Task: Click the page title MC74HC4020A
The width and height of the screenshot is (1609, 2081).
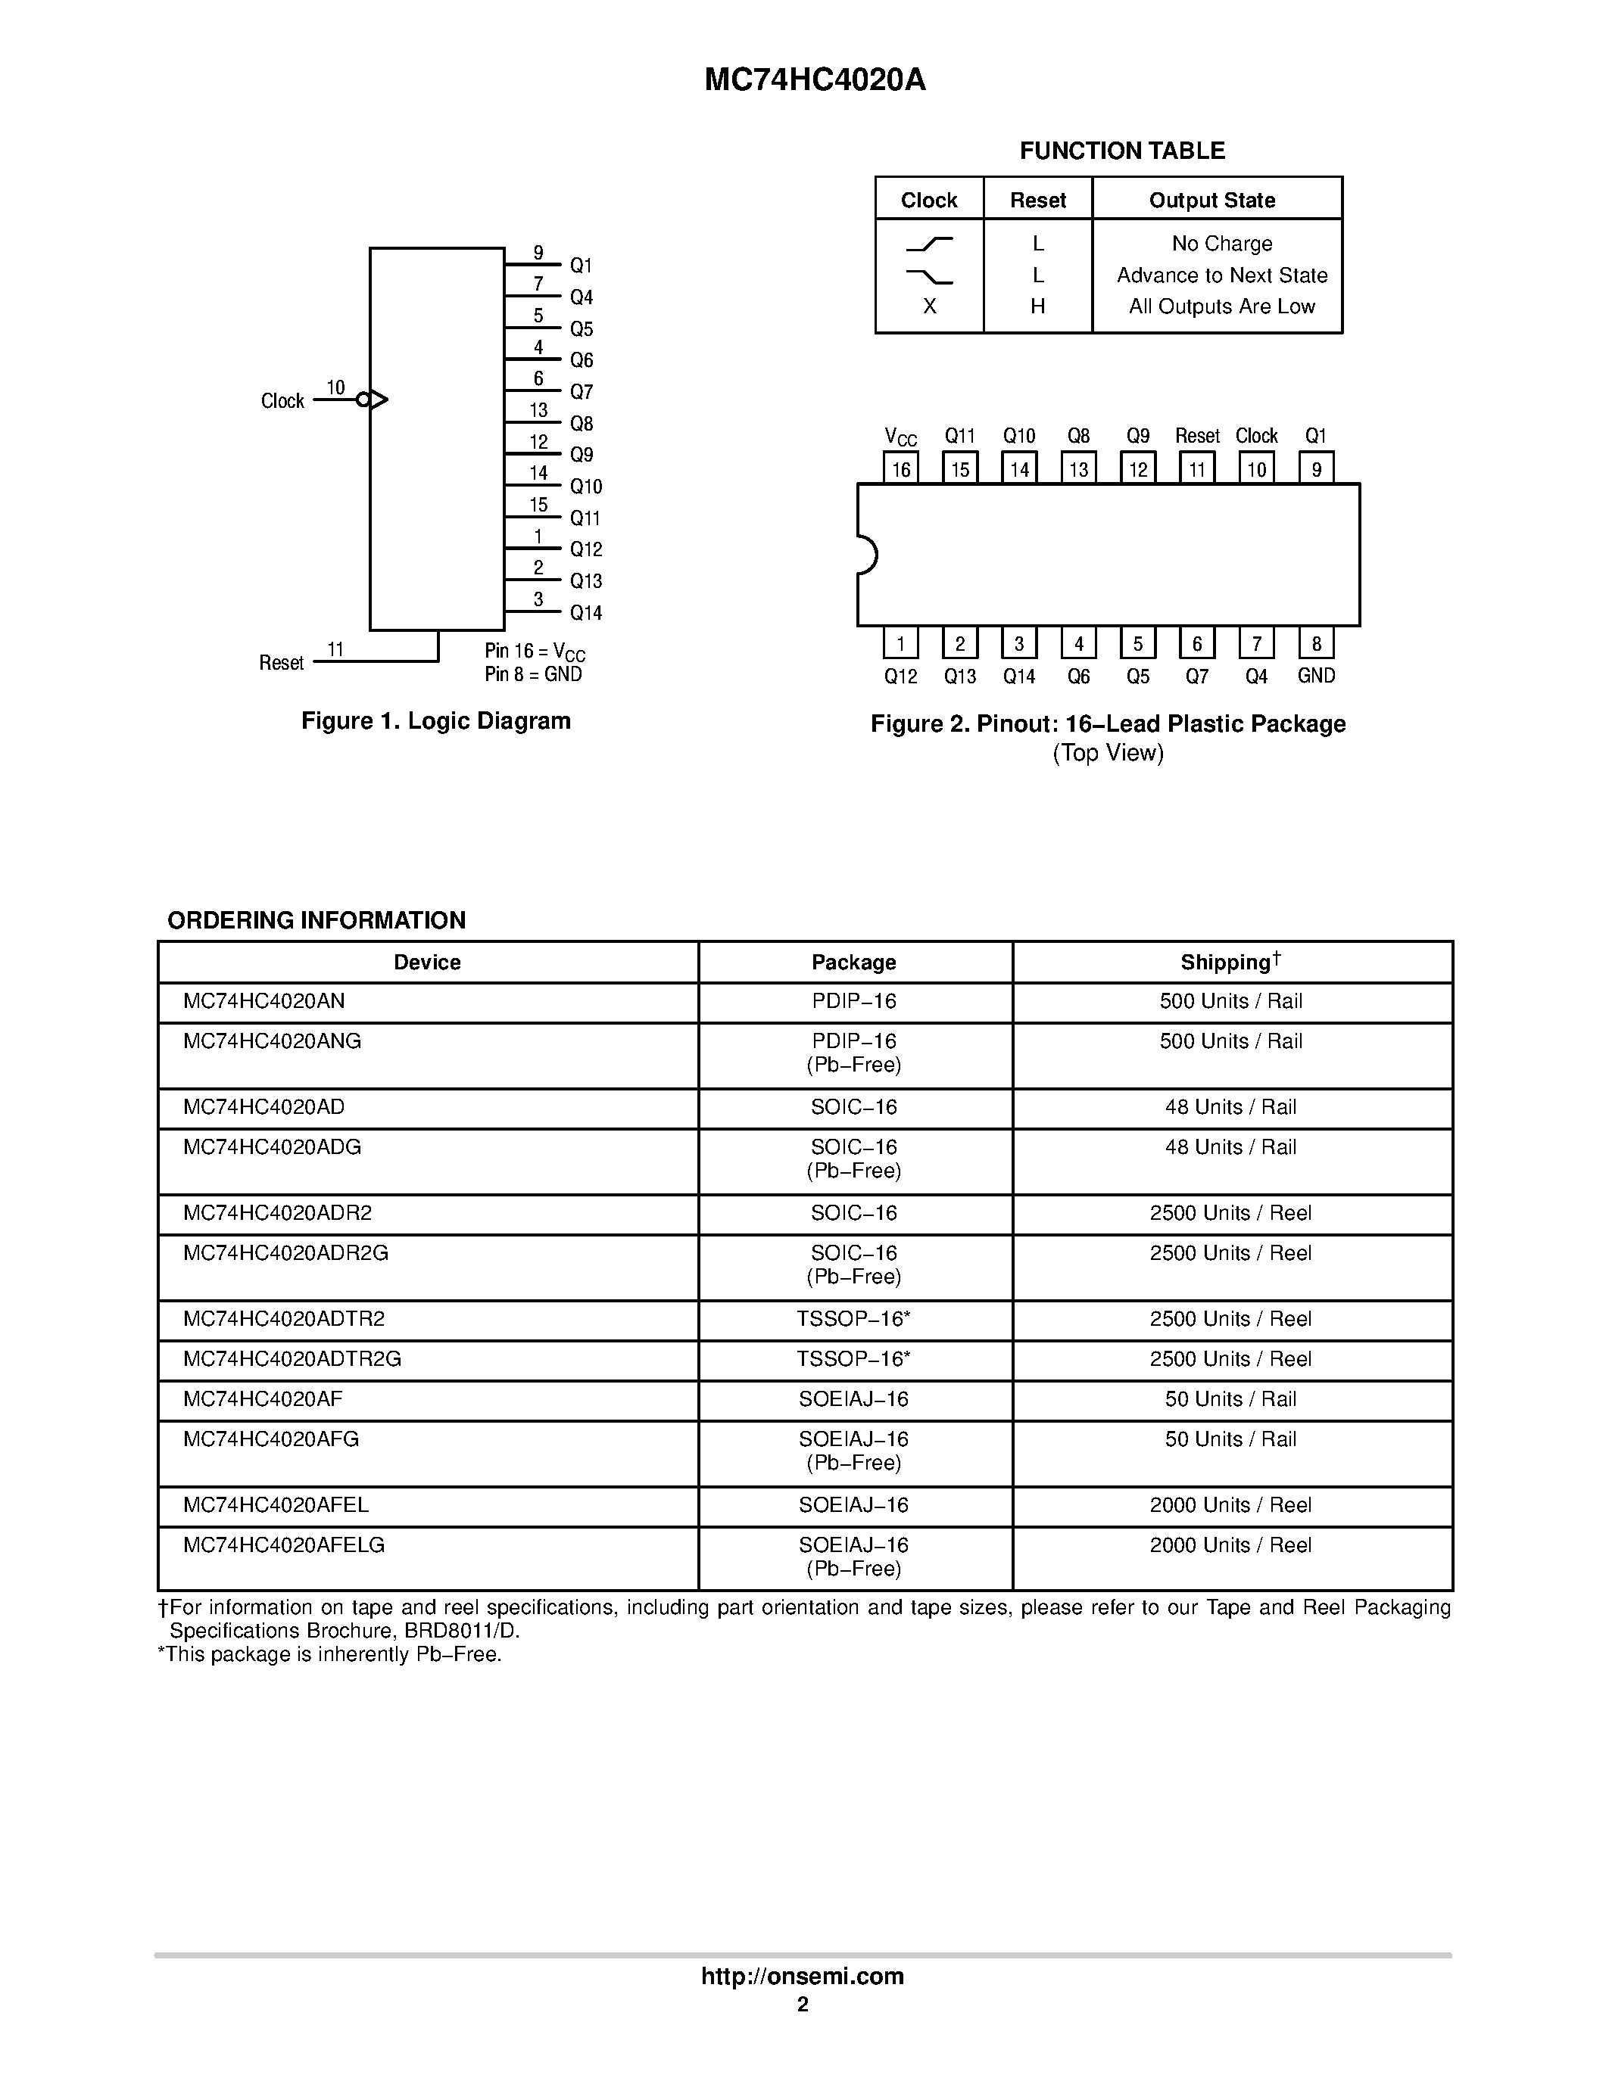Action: [815, 80]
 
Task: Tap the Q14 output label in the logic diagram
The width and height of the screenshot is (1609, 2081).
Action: [585, 613]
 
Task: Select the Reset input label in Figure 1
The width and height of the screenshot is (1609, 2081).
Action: [281, 662]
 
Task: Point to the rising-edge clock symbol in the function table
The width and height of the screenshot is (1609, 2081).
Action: [929, 244]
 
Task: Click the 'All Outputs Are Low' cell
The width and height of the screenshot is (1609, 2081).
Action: [1221, 306]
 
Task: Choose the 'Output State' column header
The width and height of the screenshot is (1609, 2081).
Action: [1211, 200]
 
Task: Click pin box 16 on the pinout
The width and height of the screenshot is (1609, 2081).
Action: [901, 469]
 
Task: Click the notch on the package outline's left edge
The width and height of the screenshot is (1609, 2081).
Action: [866, 555]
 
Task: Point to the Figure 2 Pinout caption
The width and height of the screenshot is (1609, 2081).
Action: [1108, 724]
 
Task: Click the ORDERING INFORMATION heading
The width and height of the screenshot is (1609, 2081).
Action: [316, 920]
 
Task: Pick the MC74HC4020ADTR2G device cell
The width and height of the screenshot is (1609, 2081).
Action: [292, 1359]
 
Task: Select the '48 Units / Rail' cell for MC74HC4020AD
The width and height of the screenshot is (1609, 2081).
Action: [1230, 1107]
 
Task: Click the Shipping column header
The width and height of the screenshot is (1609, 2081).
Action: [1230, 963]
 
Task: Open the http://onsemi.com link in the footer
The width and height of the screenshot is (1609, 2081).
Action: [803, 1976]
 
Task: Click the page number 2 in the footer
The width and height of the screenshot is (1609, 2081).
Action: [803, 2005]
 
